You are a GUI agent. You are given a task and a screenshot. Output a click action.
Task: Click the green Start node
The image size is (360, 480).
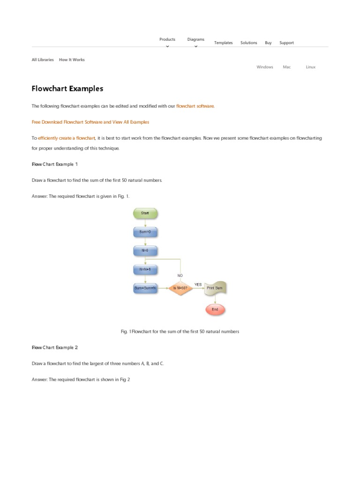click(x=145, y=213)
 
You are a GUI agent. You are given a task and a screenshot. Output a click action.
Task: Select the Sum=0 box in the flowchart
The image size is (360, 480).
click(x=145, y=232)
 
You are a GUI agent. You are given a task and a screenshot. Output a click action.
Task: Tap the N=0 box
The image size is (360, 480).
click(x=145, y=250)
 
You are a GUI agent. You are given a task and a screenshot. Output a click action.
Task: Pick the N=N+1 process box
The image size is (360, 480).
click(x=145, y=270)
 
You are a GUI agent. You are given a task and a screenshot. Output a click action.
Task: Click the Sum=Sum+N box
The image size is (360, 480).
click(x=145, y=288)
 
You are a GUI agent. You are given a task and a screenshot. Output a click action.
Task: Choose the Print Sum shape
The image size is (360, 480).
click(x=215, y=288)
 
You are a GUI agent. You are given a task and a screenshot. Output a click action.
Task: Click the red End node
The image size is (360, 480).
click(x=215, y=309)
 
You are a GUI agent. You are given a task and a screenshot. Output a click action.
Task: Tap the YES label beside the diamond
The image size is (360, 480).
click(x=198, y=284)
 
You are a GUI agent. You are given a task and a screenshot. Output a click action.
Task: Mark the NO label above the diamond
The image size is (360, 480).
click(x=180, y=275)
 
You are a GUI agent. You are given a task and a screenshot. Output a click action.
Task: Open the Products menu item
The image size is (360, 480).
click(x=167, y=40)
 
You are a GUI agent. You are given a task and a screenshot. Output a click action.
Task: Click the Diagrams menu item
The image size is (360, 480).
click(x=196, y=40)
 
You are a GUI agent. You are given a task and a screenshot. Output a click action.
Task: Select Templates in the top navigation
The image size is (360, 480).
click(x=224, y=43)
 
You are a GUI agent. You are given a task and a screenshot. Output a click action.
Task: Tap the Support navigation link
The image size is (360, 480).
click(x=286, y=43)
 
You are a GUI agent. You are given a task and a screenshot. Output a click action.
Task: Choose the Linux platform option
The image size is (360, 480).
click(x=310, y=67)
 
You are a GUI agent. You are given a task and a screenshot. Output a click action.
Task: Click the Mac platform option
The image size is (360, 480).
click(x=287, y=67)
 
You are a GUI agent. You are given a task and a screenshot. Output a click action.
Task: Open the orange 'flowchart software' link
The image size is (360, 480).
click(x=195, y=106)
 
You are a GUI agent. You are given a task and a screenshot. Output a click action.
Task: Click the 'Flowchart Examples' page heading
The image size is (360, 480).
click(x=67, y=89)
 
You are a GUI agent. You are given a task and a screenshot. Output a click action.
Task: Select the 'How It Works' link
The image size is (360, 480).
click(x=72, y=60)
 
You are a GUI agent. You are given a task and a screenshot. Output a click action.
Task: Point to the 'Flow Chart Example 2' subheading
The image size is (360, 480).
click(x=55, y=347)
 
